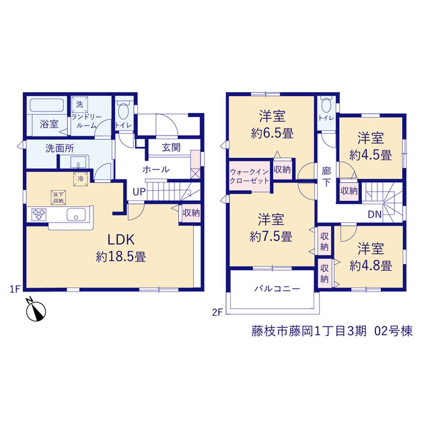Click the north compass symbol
coord(36,310)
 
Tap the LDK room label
coord(121,240)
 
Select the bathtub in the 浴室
coord(46,105)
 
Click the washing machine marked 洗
coord(79,105)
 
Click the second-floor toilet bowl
coord(326,105)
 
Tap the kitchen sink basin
coord(76,214)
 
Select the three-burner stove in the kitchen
coord(39,214)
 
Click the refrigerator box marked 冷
coord(81,179)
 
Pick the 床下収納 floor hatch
coord(59,198)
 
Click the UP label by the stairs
coord(139,192)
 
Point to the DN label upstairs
coord(375,214)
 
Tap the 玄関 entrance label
coord(171,148)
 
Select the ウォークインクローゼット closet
coord(250,176)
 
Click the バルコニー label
coord(277,289)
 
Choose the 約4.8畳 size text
coord(371,266)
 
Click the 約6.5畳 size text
coord(273,134)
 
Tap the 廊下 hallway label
coord(326,177)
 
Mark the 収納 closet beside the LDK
coord(191,213)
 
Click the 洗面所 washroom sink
coord(78,162)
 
